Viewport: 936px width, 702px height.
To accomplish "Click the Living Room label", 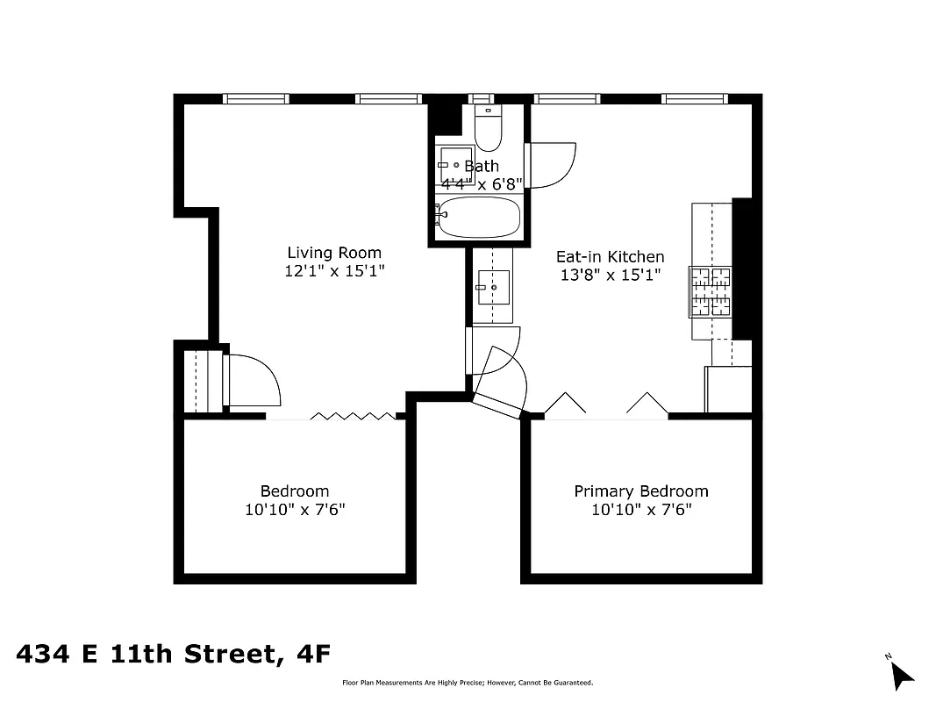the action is click(334, 253).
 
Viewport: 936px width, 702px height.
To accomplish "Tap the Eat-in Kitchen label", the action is click(610, 257).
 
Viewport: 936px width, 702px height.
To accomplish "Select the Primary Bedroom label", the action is click(640, 491).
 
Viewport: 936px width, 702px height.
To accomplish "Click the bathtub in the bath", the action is click(478, 217).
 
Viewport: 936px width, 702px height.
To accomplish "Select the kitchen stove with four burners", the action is click(711, 292).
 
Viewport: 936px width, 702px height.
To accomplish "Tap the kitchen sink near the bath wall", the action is click(493, 287).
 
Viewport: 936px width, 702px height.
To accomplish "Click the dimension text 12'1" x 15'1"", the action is click(334, 272).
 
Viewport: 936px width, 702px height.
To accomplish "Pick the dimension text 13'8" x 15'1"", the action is click(610, 275).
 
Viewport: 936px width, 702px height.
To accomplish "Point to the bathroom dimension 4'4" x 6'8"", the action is click(482, 184).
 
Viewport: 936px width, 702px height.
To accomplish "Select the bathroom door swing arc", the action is click(551, 165).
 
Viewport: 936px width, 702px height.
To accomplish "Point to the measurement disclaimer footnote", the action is click(467, 683).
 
